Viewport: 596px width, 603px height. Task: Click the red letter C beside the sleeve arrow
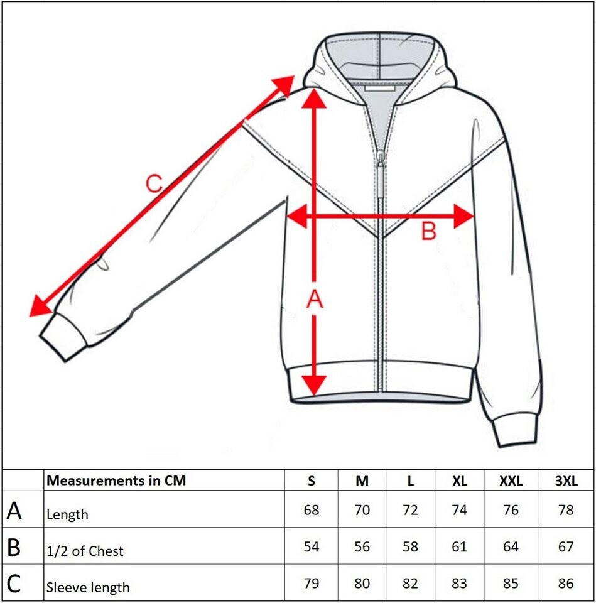[x=154, y=183]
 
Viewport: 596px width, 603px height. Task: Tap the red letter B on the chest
[x=428, y=232]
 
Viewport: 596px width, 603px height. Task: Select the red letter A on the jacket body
[x=314, y=301]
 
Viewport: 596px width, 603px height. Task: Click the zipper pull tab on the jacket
[x=380, y=179]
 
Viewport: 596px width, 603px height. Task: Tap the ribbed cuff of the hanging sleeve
[x=516, y=430]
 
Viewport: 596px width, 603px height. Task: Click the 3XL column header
[x=565, y=481]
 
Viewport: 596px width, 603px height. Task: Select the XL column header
[x=459, y=481]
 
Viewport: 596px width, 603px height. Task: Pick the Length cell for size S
[x=311, y=510]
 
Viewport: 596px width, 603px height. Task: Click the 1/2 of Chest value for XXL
[x=511, y=546]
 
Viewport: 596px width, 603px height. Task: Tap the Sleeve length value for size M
[x=362, y=584]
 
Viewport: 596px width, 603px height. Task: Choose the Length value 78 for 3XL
[x=565, y=510]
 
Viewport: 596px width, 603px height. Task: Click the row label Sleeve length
[x=87, y=588]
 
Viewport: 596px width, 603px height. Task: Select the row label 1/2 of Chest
[x=85, y=551]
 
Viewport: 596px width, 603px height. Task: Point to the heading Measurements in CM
[x=117, y=481]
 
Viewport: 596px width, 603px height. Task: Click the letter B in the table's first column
[x=14, y=547]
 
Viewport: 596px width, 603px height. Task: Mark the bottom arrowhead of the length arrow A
[x=314, y=383]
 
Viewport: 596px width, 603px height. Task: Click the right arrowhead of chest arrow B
[x=463, y=217]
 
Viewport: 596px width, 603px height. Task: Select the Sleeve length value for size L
[x=410, y=584]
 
